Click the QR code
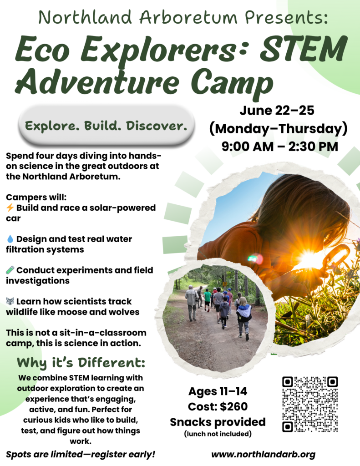309,404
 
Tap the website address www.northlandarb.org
264,454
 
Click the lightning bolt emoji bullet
10,208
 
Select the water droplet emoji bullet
10,238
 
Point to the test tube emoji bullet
10,270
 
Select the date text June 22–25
278,111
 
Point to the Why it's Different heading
81,363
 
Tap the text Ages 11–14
218,391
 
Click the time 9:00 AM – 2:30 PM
279,146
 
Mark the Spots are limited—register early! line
80,454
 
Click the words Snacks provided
218,421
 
